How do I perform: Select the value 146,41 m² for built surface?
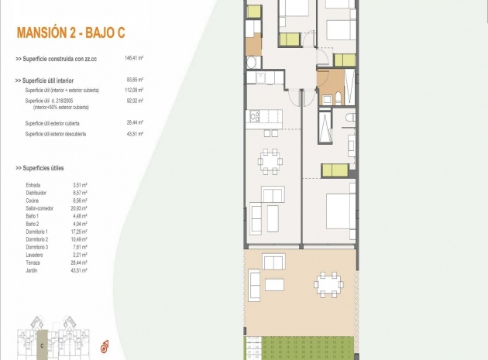pyautogui.click(x=135, y=58)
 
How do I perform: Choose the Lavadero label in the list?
pyautogui.click(x=35, y=253)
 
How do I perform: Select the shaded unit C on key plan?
pyautogui.click(x=43, y=338)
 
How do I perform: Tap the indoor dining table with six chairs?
pyautogui.click(x=270, y=161)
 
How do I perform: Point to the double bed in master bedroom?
pyautogui.click(x=339, y=209)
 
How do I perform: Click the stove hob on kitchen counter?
pyautogui.click(x=253, y=117)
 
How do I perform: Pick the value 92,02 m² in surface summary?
pyautogui.click(x=135, y=100)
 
